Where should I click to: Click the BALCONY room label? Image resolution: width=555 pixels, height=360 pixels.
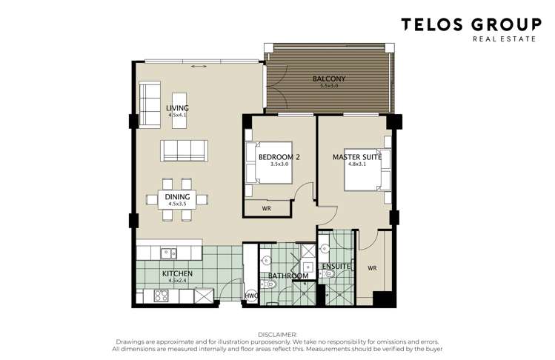[328, 79]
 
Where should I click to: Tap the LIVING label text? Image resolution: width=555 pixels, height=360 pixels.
[177, 108]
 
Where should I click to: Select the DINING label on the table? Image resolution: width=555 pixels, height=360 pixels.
[177, 196]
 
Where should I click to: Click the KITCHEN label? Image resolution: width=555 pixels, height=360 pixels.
[177, 274]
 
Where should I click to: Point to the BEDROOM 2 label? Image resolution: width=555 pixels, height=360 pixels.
[279, 156]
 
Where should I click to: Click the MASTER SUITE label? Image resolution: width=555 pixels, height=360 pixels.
[357, 156]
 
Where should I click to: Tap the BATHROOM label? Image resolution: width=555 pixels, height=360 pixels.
[288, 276]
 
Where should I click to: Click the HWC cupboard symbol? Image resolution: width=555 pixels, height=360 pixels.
[252, 296]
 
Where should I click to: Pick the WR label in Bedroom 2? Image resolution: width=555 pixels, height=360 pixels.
[266, 210]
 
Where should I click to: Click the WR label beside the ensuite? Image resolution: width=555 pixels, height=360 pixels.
[372, 267]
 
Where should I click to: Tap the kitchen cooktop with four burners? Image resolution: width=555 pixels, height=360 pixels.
[160, 296]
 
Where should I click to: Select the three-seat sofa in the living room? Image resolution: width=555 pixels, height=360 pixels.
[183, 150]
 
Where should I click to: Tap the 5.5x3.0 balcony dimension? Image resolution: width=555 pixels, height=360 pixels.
[328, 86]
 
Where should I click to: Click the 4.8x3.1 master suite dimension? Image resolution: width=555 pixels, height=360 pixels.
[357, 164]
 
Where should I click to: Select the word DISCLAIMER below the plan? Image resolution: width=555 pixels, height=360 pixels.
[277, 334]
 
